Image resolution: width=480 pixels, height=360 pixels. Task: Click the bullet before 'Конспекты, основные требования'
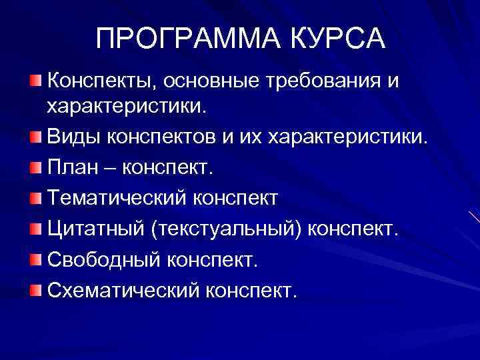36,81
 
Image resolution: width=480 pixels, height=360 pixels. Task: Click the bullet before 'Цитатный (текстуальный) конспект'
36,229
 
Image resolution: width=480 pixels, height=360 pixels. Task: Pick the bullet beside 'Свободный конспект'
36,259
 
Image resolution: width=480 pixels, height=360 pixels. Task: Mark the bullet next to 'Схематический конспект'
36,289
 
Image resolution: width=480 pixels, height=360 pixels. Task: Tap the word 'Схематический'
123,290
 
